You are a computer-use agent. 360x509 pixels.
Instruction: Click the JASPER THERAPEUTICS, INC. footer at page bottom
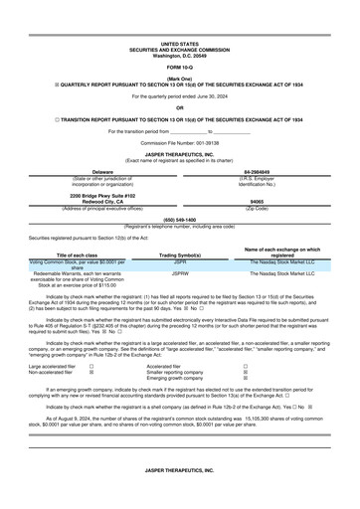point(180,496)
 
